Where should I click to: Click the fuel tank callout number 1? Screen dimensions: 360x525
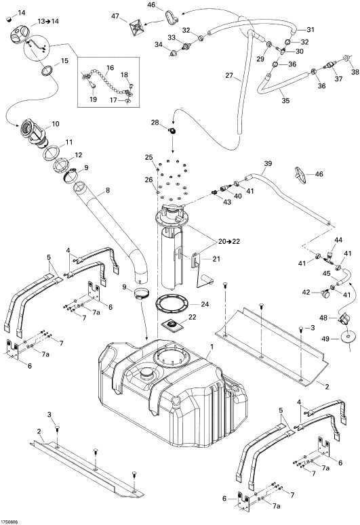(x=210, y=347)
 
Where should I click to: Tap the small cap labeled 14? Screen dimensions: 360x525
(x=9, y=20)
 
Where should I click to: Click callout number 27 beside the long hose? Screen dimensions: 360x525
(x=229, y=75)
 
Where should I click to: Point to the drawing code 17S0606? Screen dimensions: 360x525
(x=9, y=522)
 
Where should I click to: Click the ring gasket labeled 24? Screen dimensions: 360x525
(x=172, y=303)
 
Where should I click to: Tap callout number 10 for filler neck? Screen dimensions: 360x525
(x=56, y=124)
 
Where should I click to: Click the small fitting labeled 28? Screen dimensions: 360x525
(x=172, y=131)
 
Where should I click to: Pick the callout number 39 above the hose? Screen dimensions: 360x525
(x=268, y=164)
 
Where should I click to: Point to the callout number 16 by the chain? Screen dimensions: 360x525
(x=111, y=68)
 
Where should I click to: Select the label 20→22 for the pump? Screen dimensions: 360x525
(x=229, y=241)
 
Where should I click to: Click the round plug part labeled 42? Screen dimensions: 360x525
(x=325, y=293)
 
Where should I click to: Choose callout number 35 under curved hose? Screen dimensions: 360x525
(x=285, y=100)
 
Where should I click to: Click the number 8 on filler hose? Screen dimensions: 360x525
(x=108, y=190)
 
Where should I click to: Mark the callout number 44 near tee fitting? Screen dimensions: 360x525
(x=338, y=240)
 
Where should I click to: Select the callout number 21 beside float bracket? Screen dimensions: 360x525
(x=216, y=259)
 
